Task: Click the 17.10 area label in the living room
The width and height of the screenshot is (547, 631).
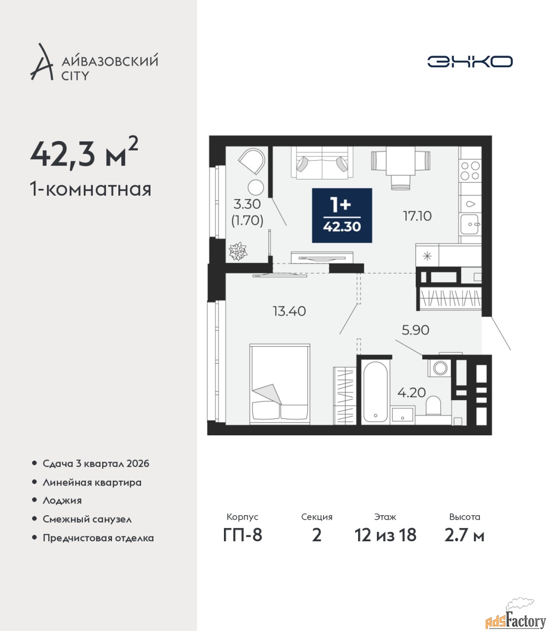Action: [x=417, y=216]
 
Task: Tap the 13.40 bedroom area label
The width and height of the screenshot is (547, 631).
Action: [x=289, y=312]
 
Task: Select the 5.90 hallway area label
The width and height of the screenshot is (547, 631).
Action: [x=415, y=330]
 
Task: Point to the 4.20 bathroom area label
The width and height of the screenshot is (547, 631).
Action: [x=411, y=392]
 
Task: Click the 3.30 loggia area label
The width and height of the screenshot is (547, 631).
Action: [x=247, y=204]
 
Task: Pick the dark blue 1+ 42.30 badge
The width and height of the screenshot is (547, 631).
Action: [x=342, y=215]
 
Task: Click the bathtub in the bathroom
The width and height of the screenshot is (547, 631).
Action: [x=375, y=392]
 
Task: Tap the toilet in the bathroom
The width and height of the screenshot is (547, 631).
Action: [x=433, y=405]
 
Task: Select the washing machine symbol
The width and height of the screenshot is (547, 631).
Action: [x=439, y=368]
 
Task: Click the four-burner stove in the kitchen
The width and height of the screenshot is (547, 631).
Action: [x=471, y=171]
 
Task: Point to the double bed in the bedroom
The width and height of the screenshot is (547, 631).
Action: [x=280, y=384]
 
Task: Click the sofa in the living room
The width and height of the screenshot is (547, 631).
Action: [x=322, y=163]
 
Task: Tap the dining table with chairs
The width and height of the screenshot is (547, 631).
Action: [x=401, y=167]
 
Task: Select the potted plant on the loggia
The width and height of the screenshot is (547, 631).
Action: [x=238, y=251]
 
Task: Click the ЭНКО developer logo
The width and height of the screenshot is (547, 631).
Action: [x=470, y=61]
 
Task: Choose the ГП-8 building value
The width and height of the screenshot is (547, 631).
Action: [x=243, y=535]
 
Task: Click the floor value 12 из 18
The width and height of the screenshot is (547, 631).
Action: [x=385, y=535]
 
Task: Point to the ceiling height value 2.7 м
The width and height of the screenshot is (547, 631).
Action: [x=464, y=535]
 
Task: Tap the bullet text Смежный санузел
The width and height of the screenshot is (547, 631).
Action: [x=87, y=519]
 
